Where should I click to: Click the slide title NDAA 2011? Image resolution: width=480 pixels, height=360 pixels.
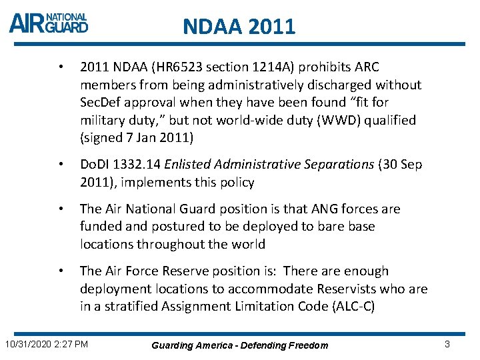[239, 27]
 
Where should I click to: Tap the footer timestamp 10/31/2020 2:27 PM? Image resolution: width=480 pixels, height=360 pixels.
[46, 344]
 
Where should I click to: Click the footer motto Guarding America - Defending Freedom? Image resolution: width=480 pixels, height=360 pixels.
[240, 345]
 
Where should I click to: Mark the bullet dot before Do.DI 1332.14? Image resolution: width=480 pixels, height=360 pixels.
[61, 165]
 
